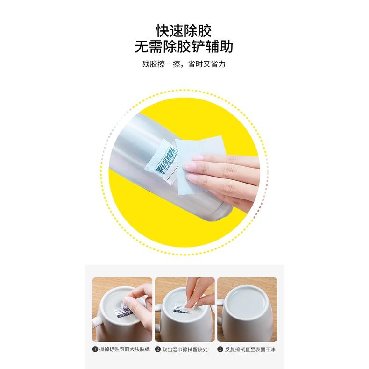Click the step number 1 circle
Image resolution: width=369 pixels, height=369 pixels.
tap(95, 349)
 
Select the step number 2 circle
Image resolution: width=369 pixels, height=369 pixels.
tap(158, 349)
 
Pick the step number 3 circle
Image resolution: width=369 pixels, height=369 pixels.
tap(220, 349)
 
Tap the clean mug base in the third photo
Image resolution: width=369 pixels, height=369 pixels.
tap(247, 298)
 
